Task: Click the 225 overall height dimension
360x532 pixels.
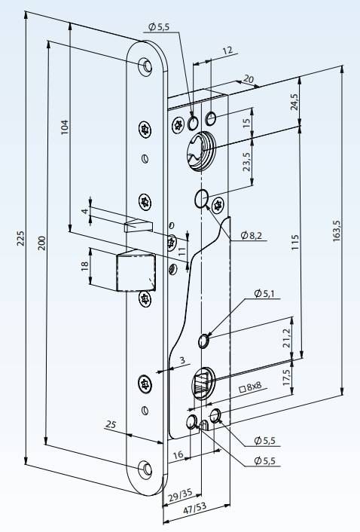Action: [21, 239]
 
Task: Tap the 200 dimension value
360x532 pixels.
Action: [41, 243]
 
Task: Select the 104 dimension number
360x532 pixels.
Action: [65, 127]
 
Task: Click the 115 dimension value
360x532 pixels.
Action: [295, 243]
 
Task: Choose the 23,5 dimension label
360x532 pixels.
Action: [247, 161]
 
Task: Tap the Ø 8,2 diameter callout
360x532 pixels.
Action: [252, 235]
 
